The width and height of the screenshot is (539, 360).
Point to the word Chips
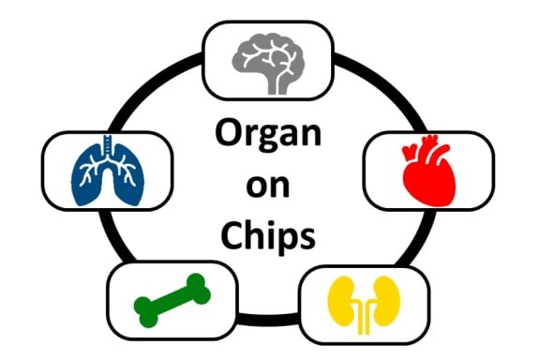click(x=268, y=236)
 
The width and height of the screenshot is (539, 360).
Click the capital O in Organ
click(x=229, y=135)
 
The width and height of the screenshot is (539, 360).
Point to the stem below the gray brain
click(x=277, y=84)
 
